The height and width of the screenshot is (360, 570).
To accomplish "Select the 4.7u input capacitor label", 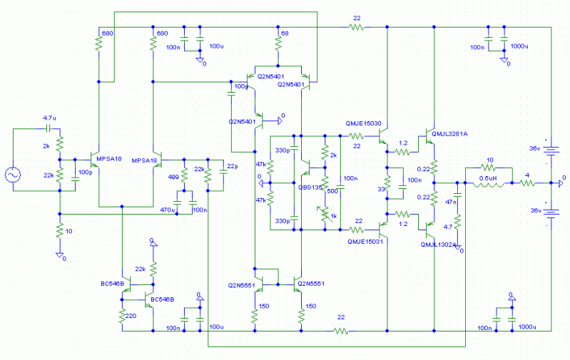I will pyautogui.click(x=50, y=118).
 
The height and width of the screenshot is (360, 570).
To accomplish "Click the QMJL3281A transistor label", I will pyautogui.click(x=449, y=133).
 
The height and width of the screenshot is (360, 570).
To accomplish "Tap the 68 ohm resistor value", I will pyautogui.click(x=285, y=34).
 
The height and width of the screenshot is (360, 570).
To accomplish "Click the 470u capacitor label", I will pyautogui.click(x=168, y=210).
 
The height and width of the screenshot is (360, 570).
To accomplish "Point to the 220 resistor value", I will pyautogui.click(x=131, y=316).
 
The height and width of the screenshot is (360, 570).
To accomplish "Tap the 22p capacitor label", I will pyautogui.click(x=233, y=168).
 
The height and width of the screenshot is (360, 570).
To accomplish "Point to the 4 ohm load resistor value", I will pyautogui.click(x=527, y=175).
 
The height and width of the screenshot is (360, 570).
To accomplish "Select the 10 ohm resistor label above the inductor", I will pyautogui.click(x=489, y=160).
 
